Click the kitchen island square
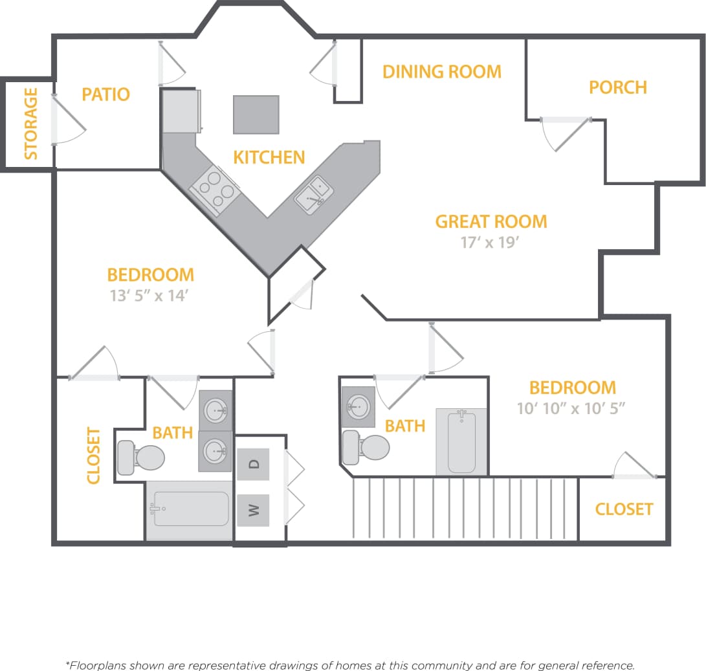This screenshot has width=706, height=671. click(x=256, y=115)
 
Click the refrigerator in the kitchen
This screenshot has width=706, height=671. click(x=179, y=111)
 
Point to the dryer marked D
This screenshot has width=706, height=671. click(x=254, y=464)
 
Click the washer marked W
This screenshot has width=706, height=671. click(x=254, y=510)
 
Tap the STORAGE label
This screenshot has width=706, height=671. click(x=30, y=124)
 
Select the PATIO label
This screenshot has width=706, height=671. click(x=105, y=94)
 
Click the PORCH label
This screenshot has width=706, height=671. click(x=617, y=87)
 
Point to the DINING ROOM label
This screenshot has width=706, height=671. click(x=441, y=71)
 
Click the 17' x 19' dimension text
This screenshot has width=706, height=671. click(x=491, y=242)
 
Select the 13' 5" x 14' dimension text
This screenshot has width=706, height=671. click(x=150, y=296)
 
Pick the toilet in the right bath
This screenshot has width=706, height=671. click(x=366, y=447)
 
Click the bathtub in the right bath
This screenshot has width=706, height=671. click(x=461, y=441)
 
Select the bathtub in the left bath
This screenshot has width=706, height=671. click(x=190, y=509)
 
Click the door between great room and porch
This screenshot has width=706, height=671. click(x=566, y=134)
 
